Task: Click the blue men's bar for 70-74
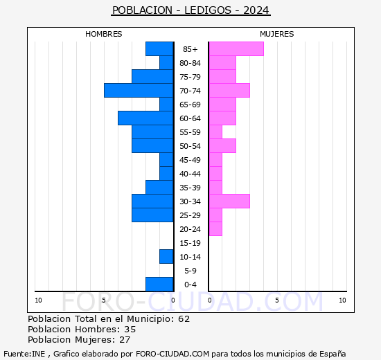pos(139,90)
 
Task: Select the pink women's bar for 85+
pos(236,48)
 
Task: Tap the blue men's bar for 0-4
pos(159,284)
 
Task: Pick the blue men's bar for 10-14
pos(166,256)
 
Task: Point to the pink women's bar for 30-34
pos(229,201)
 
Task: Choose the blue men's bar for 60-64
pos(145,118)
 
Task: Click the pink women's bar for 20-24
pos(215,228)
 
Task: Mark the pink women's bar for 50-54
pos(222,145)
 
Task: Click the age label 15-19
pos(190,243)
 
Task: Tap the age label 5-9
pos(190,271)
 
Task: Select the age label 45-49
pos(190,160)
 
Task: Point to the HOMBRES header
pos(104,34)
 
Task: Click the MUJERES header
pos(276,34)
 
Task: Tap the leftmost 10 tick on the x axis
pos(38,300)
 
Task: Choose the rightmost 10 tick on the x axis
pos(342,300)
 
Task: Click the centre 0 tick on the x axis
pos(173,300)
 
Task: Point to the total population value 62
pos(183,318)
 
